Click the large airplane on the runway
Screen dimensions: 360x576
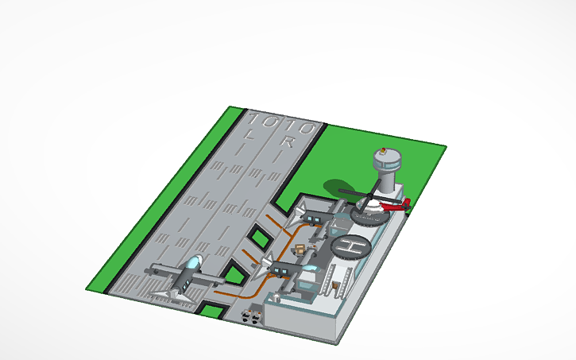tap(184, 277)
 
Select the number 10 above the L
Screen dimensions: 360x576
tap(263, 122)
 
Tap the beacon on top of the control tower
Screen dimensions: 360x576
tap(384, 149)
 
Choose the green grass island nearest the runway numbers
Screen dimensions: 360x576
tap(259, 238)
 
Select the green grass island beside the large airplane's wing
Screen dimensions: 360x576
tap(234, 274)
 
